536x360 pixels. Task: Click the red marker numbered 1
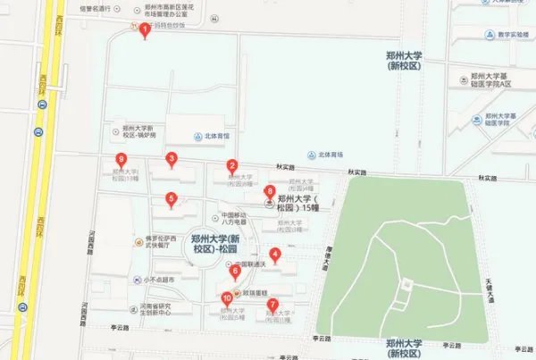click(145, 30)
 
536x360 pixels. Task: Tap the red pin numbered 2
click(231, 165)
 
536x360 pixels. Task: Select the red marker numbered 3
click(172, 160)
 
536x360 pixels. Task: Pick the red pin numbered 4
click(275, 255)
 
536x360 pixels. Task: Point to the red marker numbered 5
click(172, 199)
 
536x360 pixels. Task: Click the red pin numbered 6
click(235, 271)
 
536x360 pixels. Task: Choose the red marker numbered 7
click(272, 305)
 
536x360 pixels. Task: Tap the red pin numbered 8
click(269, 191)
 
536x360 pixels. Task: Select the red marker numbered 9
click(120, 161)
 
